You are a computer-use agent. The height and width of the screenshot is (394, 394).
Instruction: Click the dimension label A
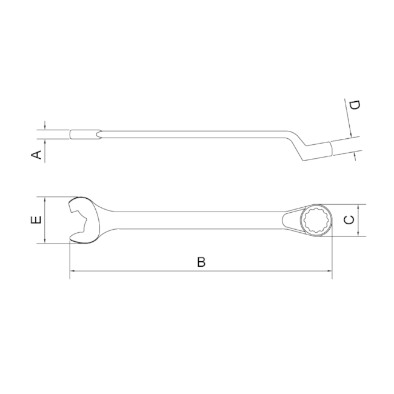(x=37, y=155)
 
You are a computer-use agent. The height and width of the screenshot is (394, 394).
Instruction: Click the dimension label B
(x=201, y=262)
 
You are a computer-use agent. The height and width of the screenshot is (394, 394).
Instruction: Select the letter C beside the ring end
(x=349, y=220)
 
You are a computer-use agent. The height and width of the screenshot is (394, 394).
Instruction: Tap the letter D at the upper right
(x=355, y=105)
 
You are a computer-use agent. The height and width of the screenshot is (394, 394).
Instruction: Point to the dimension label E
(x=37, y=220)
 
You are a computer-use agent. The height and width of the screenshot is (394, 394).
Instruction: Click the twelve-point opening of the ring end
(x=316, y=220)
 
